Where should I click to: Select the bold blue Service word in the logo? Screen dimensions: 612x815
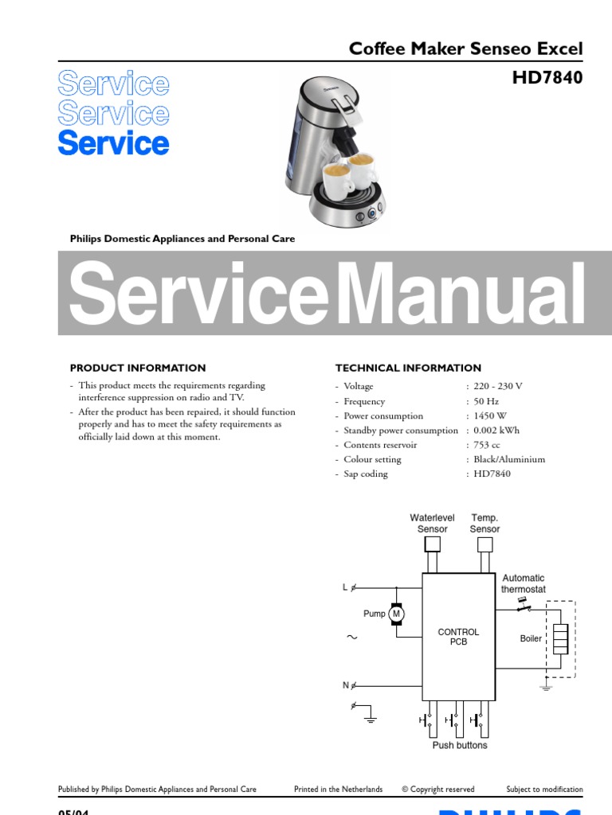pos(113,144)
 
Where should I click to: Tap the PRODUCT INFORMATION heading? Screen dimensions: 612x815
pos(138,368)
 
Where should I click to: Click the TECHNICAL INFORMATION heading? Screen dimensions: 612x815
pos(408,368)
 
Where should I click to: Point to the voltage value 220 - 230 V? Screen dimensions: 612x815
pos(498,386)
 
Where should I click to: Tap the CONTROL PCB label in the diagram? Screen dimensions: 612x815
pos(458,637)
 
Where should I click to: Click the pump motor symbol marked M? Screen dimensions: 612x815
pos(397,614)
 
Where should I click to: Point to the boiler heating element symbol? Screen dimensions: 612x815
pos(560,639)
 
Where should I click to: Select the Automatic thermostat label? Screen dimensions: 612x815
pos(524,583)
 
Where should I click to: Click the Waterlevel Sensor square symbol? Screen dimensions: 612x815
pos(432,544)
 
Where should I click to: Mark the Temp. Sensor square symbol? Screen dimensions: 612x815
pos(484,544)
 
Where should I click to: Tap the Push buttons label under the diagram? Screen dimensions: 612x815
pos(460,746)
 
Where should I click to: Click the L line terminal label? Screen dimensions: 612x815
pos(345,588)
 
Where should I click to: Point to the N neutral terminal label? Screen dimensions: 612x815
pos(346,685)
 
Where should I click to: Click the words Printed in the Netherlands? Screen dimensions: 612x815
pos(338,790)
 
